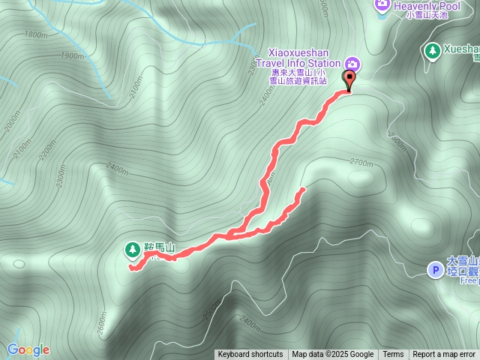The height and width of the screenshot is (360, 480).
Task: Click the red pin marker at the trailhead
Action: pos(349,79)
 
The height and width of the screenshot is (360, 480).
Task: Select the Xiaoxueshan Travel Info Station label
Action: pos(298,59)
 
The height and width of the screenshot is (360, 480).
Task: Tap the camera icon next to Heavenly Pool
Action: pos(382,4)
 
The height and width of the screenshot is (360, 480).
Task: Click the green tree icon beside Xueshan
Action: pos(431,50)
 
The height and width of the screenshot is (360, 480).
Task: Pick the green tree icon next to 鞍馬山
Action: pos(132,247)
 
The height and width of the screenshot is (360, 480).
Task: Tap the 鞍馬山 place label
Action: pos(159,247)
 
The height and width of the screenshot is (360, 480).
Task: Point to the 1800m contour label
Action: pos(34,34)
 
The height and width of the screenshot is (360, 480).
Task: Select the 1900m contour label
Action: pos(72,56)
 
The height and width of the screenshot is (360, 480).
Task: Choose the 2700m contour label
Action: pos(361,162)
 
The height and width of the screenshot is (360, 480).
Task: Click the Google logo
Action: pos(28,349)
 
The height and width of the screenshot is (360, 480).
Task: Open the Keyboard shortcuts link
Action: pos(250,355)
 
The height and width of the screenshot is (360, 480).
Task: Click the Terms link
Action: pos(393,355)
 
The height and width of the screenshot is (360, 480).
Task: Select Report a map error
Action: pos(444,355)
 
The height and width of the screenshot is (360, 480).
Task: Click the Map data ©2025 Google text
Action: pos(333,355)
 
